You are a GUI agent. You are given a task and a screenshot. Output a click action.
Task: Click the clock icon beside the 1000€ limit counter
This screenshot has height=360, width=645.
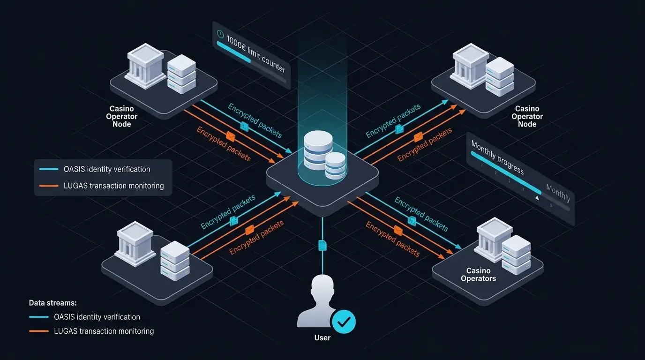point(220,34)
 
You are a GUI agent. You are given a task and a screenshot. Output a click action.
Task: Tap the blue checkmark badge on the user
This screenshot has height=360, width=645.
point(344,322)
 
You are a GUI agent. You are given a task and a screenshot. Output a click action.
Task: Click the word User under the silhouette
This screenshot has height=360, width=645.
point(322,337)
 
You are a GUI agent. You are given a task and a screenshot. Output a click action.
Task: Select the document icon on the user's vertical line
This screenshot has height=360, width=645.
point(322,245)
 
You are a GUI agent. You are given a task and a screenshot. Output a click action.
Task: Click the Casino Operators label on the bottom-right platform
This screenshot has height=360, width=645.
point(478,275)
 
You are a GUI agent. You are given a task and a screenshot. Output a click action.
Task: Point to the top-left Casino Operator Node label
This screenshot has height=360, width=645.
point(122,116)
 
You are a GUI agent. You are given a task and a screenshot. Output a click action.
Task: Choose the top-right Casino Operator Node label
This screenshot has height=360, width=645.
point(527,116)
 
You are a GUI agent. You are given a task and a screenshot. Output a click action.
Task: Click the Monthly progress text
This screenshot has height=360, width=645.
point(497,158)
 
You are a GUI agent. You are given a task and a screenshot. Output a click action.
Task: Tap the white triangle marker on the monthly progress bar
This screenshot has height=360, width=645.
point(537,198)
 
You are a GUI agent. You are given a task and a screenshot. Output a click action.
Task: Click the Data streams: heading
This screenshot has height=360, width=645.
point(52,303)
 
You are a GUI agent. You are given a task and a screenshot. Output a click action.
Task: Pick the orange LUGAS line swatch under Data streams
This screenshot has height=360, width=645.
point(38,331)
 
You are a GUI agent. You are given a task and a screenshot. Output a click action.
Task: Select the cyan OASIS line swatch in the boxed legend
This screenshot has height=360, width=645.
point(49,169)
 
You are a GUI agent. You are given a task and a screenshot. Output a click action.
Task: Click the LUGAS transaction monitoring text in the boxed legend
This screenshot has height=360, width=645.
point(114,186)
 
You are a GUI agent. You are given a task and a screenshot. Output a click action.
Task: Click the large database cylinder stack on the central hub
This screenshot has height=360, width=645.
point(318,150)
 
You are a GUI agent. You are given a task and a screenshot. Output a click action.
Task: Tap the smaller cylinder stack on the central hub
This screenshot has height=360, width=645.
point(335,165)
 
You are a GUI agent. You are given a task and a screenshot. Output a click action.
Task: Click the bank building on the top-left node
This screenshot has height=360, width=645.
point(146,66)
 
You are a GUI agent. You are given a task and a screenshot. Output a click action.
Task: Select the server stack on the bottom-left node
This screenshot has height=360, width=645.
point(175,261)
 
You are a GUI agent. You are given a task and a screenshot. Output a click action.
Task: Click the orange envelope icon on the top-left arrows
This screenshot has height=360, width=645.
point(230,136)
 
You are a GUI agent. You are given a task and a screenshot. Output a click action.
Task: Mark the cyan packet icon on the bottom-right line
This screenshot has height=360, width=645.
point(412,221)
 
